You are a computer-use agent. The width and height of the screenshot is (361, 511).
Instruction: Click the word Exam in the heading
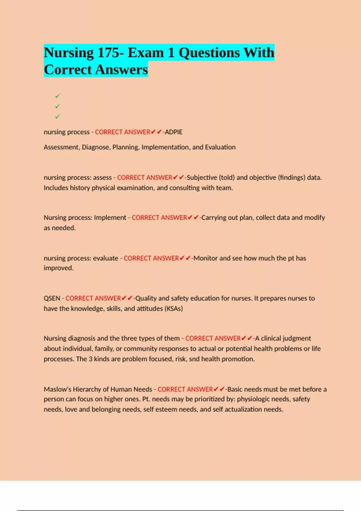click(x=146, y=53)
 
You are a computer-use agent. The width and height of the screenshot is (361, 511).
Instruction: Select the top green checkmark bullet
click(x=57, y=96)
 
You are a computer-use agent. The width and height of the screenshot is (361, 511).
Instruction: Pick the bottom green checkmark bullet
click(x=57, y=116)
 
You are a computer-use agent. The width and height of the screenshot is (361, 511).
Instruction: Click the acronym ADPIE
click(x=174, y=132)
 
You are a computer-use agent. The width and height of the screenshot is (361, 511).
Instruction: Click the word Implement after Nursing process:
click(x=110, y=218)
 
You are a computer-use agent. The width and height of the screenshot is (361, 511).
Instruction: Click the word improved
click(x=58, y=268)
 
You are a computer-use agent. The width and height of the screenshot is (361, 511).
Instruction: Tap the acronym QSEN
click(x=52, y=298)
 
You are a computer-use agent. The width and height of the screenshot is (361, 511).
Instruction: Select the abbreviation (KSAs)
click(x=174, y=309)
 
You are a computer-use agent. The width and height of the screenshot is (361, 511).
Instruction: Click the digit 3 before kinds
click(x=91, y=359)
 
